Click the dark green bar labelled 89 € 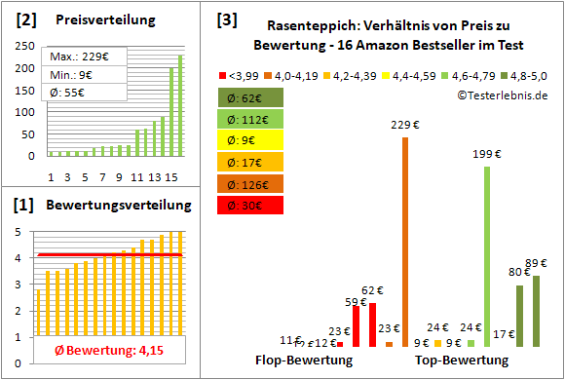(x=535, y=311)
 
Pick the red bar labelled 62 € (x=372, y=324)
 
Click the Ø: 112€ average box (x=251, y=119)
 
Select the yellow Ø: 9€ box (x=251, y=140)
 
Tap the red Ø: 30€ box (x=251, y=205)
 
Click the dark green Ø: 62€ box (x=251, y=97)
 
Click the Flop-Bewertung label (x=304, y=361)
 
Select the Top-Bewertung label (x=462, y=361)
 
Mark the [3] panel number (x=227, y=19)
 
